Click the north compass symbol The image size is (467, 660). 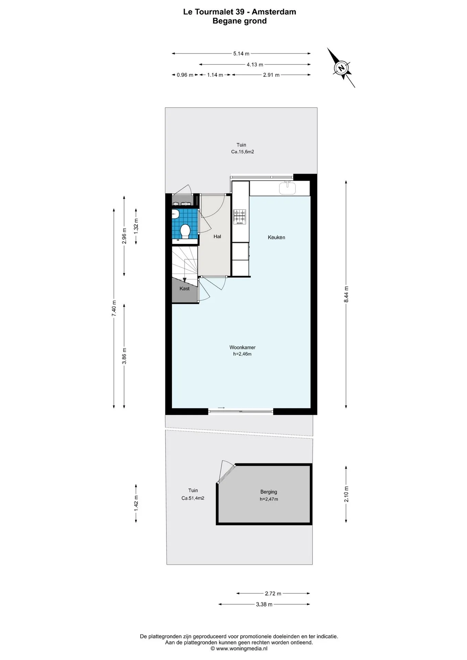[x=341, y=68]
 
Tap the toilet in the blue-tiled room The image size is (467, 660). [x=185, y=231]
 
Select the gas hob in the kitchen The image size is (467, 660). [x=239, y=217]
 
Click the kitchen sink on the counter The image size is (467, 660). [x=287, y=188]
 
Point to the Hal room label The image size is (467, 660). [x=217, y=236]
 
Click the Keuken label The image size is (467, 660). [x=276, y=237]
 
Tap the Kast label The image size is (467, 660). [x=184, y=288]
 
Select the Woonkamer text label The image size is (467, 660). [x=242, y=348]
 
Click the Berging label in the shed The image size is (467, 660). [x=269, y=492]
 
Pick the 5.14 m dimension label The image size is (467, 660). [x=241, y=54]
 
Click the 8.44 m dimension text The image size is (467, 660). [x=346, y=294]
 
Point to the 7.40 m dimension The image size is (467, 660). [x=114, y=309]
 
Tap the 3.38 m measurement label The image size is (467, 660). [x=264, y=604]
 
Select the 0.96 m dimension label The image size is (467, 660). [x=185, y=75]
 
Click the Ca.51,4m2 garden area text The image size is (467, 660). [x=193, y=498]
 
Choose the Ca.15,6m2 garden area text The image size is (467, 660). [x=242, y=152]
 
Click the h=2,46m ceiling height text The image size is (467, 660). [x=242, y=354]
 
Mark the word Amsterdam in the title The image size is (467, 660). [x=274, y=12]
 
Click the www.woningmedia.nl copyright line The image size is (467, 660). [x=239, y=649]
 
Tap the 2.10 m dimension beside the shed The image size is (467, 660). [x=346, y=494]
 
